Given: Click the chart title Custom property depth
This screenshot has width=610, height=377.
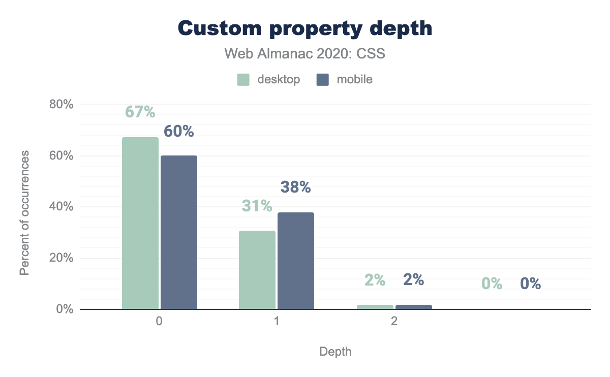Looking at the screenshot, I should pyautogui.click(x=305, y=28).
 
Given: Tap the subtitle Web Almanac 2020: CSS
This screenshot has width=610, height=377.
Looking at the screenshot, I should pyautogui.click(x=305, y=53).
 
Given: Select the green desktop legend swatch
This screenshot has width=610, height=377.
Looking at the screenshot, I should pyautogui.click(x=243, y=80).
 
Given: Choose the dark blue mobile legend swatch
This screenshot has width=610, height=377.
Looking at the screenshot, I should pyautogui.click(x=322, y=80).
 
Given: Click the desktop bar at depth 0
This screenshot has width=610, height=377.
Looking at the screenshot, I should pyautogui.click(x=140, y=223).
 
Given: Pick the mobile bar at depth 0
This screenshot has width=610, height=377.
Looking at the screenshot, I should pyautogui.click(x=179, y=232).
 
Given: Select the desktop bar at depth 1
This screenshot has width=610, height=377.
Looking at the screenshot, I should pyautogui.click(x=257, y=270).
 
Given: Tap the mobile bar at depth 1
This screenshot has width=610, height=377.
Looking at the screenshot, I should pyautogui.click(x=296, y=261).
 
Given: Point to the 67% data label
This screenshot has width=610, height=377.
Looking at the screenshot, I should pyautogui.click(x=140, y=112).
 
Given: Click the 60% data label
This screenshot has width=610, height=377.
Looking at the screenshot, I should pyautogui.click(x=179, y=132).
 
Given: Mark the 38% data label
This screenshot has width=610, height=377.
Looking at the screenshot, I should pyautogui.click(x=296, y=187).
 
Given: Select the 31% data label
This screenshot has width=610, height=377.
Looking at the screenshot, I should pyautogui.click(x=257, y=206).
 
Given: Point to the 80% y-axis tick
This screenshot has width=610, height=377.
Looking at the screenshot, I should pyautogui.click(x=61, y=105).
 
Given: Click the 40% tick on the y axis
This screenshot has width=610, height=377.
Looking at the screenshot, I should pyautogui.click(x=61, y=207).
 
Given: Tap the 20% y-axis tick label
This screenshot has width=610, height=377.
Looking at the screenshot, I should pyautogui.click(x=61, y=258).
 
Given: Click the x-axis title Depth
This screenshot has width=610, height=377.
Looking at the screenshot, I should pyautogui.click(x=335, y=352).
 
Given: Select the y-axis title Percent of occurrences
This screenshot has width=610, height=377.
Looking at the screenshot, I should pyautogui.click(x=24, y=213).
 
